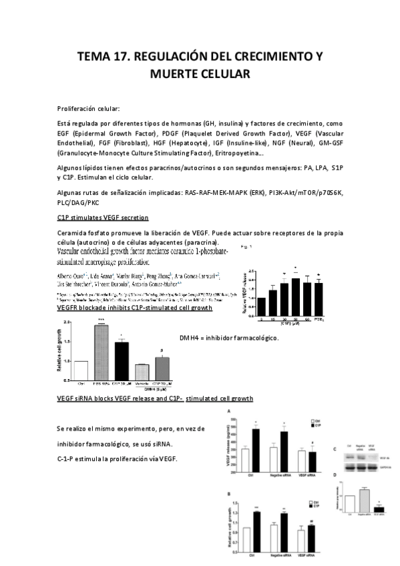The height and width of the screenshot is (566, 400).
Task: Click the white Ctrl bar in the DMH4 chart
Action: point(81,370)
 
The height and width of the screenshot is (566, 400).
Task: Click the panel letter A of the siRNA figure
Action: point(229,412)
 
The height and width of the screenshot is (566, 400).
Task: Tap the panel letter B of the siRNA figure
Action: point(229,494)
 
